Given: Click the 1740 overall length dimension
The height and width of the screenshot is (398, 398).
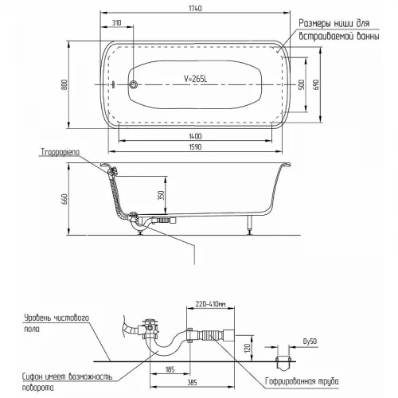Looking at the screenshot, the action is click(x=195, y=9).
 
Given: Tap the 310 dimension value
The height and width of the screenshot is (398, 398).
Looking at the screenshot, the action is click(x=116, y=23).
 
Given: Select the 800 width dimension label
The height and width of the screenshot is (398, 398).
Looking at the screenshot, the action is click(x=64, y=84).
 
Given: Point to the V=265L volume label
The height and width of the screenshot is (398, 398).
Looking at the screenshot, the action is click(x=195, y=79).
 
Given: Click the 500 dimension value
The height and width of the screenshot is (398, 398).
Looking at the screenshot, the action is click(x=302, y=84).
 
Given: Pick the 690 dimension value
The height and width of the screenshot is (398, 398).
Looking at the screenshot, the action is click(x=316, y=84).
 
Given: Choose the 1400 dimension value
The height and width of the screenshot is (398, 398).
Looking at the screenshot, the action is click(x=195, y=136).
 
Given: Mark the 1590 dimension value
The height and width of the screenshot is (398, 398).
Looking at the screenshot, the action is click(x=195, y=147).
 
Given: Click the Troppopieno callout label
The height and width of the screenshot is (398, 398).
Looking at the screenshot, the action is click(x=60, y=153).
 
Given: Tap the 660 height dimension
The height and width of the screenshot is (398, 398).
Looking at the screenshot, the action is click(x=64, y=199).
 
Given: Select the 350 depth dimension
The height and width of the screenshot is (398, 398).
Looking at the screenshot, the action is click(x=161, y=195).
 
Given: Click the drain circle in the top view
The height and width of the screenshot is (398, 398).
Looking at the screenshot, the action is click(x=133, y=84).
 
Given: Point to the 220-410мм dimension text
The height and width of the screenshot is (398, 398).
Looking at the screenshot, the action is click(x=210, y=304).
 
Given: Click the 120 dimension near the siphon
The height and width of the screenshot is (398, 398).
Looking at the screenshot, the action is click(x=248, y=348).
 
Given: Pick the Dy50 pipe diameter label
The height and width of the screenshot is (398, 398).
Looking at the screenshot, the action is click(x=310, y=341).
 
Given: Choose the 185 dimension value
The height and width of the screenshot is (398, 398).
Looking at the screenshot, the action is click(x=170, y=369).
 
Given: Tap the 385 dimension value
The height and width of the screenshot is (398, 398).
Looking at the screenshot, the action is click(x=192, y=382).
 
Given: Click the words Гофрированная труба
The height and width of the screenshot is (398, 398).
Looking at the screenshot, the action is click(x=302, y=381).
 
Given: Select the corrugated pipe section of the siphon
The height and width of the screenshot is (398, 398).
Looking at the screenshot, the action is click(x=209, y=336).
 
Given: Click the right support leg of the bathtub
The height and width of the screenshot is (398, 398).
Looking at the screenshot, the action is click(x=250, y=224).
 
